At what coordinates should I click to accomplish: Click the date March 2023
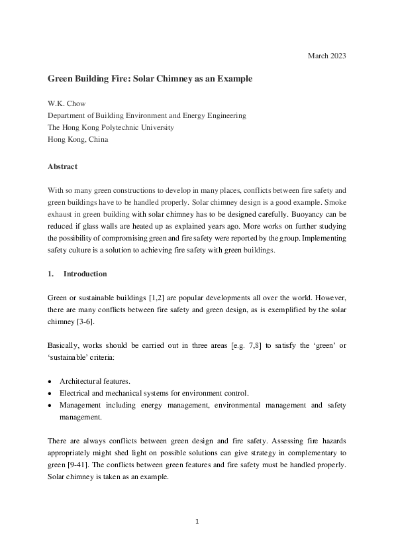tap(326, 55)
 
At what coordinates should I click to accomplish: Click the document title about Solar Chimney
tap(150, 79)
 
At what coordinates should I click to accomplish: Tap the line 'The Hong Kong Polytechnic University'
tap(111, 127)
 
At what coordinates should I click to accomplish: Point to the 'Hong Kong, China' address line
tap(77, 139)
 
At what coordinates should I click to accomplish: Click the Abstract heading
tap(62, 166)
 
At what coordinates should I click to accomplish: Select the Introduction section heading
tap(85, 274)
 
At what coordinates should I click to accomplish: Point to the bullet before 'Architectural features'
tap(50, 381)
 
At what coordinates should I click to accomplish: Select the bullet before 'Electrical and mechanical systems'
tap(50, 393)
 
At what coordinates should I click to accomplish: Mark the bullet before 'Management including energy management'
tap(50, 405)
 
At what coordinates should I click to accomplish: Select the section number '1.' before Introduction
tap(51, 274)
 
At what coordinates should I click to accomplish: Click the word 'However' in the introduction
tap(328, 298)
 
